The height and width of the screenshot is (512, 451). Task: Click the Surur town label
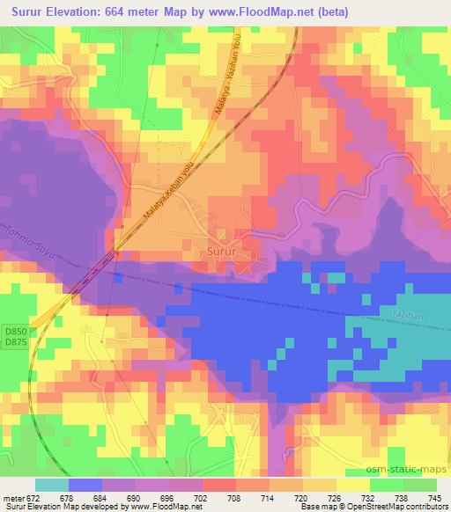click(x=221, y=251)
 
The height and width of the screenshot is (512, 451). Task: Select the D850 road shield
click(x=14, y=331)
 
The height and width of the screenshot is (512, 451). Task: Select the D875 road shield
click(x=14, y=341)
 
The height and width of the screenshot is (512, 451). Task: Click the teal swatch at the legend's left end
click(x=52, y=484)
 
